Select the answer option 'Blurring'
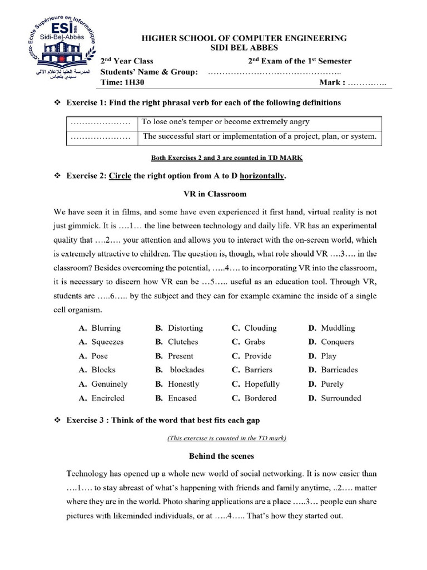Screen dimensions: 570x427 point(106,328)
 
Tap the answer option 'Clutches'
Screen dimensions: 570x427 point(183,342)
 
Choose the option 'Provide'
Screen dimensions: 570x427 point(257,356)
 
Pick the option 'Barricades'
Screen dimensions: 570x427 point(339,370)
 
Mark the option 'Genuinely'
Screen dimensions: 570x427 point(109,384)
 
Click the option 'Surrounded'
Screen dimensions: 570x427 point(341,398)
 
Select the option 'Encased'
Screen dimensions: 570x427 point(182,398)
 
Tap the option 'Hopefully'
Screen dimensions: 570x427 point(262,384)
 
